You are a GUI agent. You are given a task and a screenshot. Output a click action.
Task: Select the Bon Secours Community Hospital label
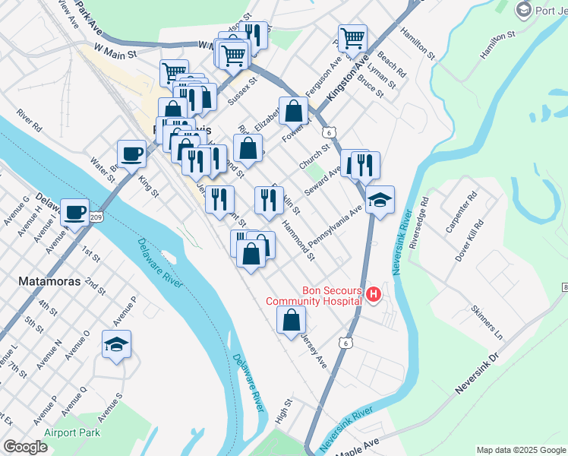(312, 295)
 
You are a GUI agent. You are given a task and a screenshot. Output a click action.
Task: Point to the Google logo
(25, 447)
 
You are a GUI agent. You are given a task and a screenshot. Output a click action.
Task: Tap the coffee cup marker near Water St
(131, 154)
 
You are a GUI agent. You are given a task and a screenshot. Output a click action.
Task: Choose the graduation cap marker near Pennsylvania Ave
(380, 201)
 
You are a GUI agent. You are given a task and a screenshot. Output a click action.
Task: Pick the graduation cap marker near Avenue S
(117, 345)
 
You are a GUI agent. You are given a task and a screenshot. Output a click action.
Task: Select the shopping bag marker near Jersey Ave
(291, 321)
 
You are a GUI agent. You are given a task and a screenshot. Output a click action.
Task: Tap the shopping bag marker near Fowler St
(293, 112)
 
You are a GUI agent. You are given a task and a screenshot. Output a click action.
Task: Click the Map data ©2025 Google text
(521, 450)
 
